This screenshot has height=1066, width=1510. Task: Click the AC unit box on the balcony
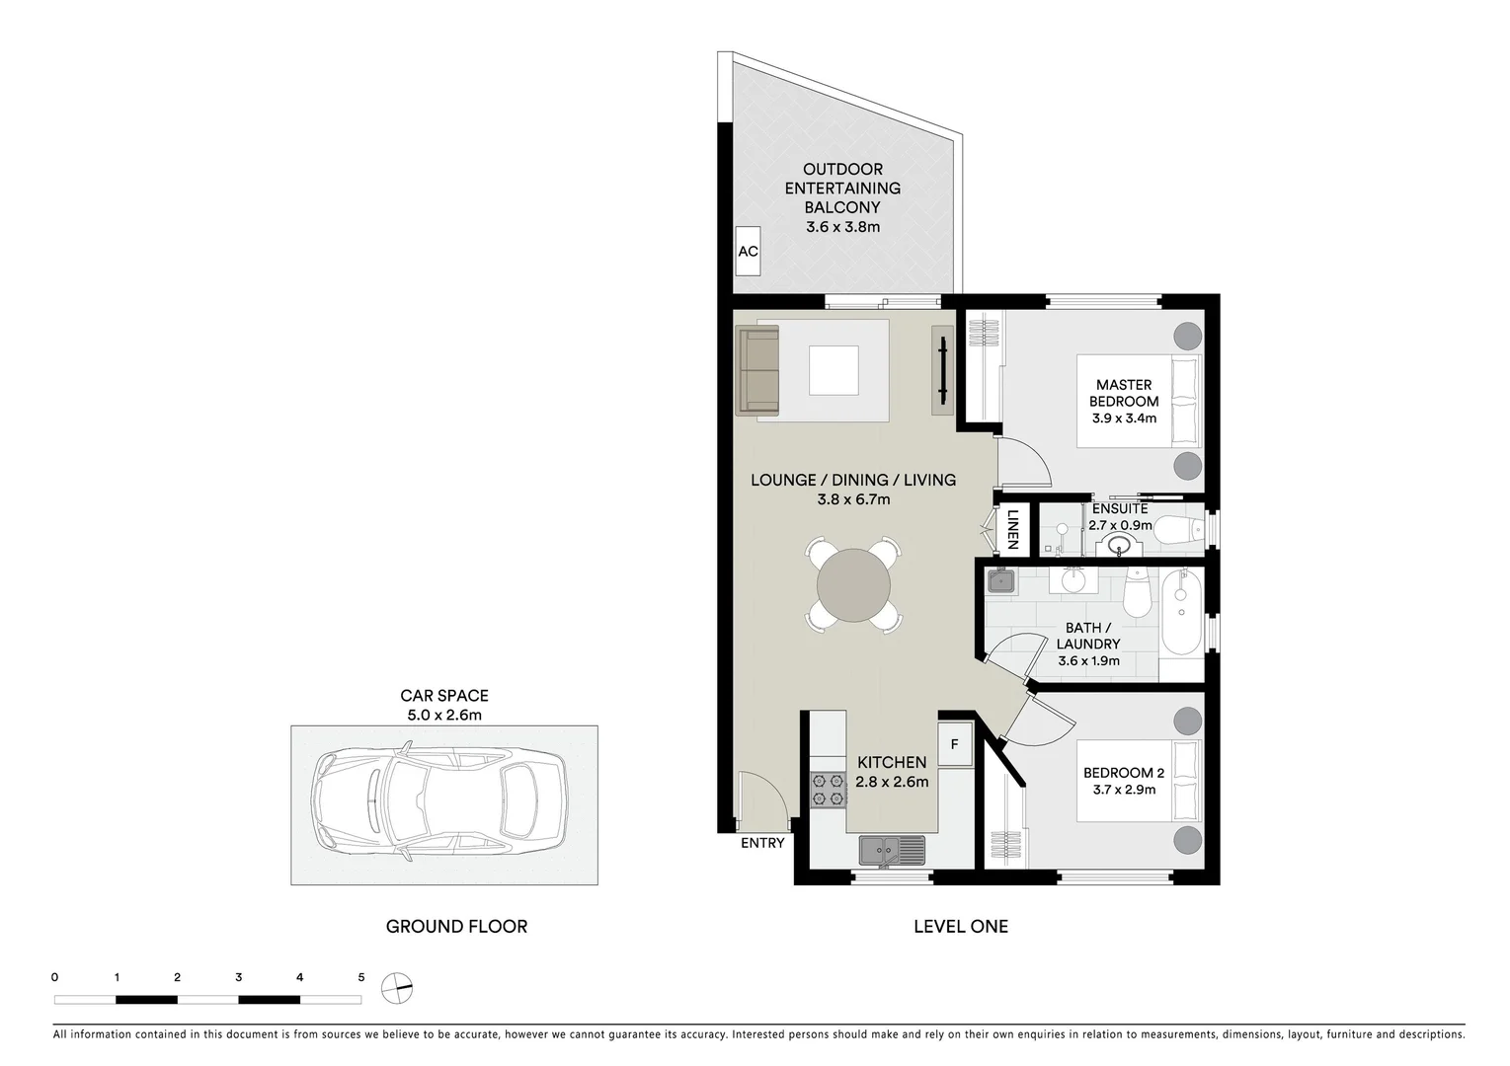pyautogui.click(x=748, y=252)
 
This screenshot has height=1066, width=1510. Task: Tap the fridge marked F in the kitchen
pyautogui.click(x=954, y=744)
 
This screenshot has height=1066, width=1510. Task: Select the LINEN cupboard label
pyautogui.click(x=1012, y=529)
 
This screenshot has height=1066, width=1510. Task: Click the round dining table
pyautogui.click(x=853, y=585)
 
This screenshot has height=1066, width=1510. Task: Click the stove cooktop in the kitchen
pyautogui.click(x=829, y=790)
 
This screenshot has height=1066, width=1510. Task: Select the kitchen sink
pyautogui.click(x=891, y=849)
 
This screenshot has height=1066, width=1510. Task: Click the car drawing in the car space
pyautogui.click(x=439, y=804)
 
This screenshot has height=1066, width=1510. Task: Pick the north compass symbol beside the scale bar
pyautogui.click(x=397, y=987)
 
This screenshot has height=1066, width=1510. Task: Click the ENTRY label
pyautogui.click(x=762, y=843)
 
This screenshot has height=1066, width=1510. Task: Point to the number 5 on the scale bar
pyautogui.click(x=360, y=977)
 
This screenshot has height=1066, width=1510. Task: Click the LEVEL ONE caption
pyautogui.click(x=960, y=926)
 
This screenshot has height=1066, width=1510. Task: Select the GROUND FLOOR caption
pyautogui.click(x=456, y=926)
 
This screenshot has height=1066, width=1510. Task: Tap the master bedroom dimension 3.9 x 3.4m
pyautogui.click(x=1124, y=419)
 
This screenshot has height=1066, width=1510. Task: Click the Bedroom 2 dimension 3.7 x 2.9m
pyautogui.click(x=1124, y=790)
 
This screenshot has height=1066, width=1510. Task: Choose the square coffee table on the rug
pyautogui.click(x=834, y=370)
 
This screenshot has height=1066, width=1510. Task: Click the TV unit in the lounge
pyautogui.click(x=942, y=370)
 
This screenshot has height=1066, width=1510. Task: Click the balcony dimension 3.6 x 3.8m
pyautogui.click(x=842, y=227)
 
